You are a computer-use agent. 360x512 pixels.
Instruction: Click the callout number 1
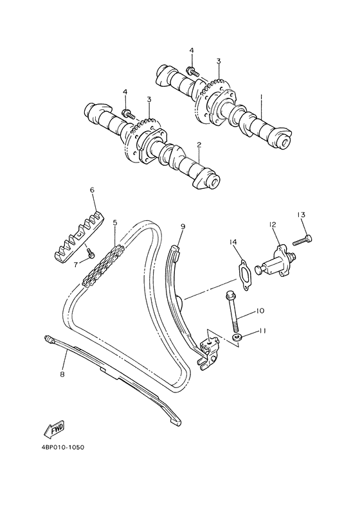[262, 98]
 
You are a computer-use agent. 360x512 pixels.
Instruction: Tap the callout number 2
[199, 145]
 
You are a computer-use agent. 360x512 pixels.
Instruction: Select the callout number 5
[115, 223]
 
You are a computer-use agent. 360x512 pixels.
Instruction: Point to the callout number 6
[92, 190]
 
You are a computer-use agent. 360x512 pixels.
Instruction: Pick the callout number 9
[183, 227]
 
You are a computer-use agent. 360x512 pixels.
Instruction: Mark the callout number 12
[273, 225]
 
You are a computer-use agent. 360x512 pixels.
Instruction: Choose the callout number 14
[233, 242]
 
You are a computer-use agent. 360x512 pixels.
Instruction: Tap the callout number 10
[260, 311]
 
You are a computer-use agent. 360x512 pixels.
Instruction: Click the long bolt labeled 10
[233, 311]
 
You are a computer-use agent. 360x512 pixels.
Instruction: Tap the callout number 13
[300, 215]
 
